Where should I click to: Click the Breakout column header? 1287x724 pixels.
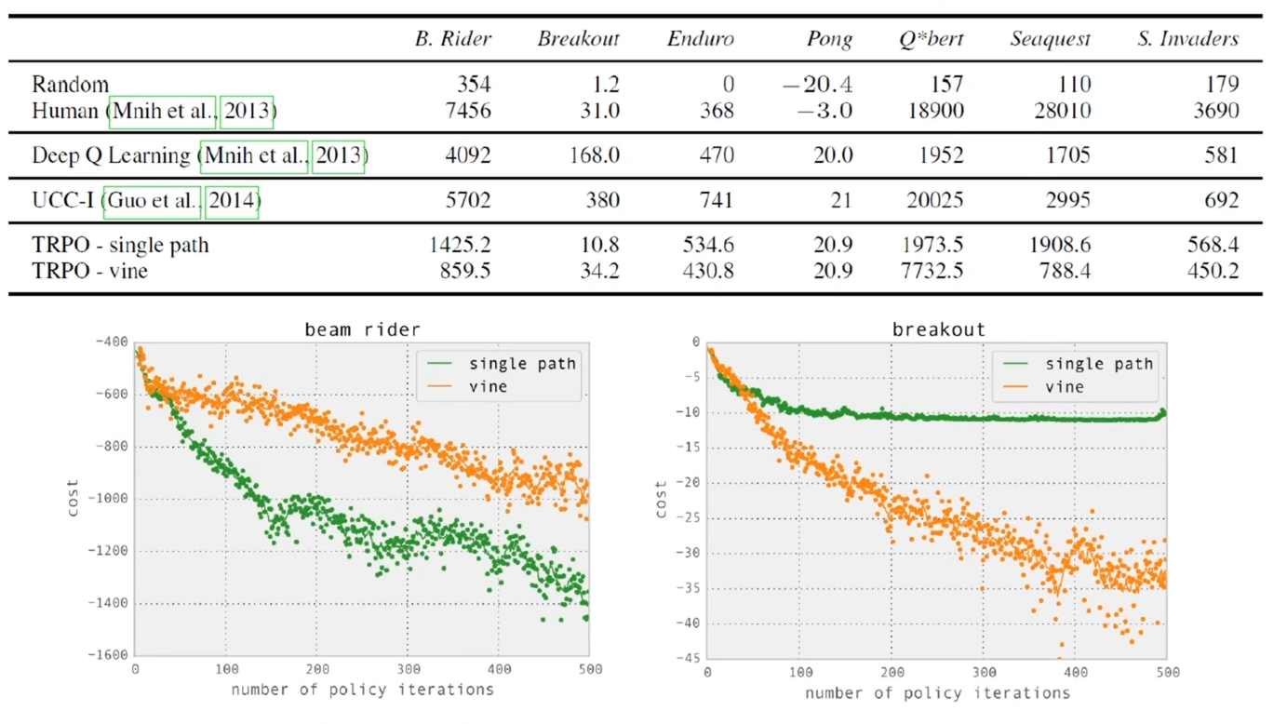pos(578,40)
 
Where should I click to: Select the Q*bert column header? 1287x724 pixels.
pos(931,40)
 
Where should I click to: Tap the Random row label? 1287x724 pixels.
pos(70,85)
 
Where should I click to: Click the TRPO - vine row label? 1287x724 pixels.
pos(89,271)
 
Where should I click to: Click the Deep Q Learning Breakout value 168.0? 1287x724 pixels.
pos(594,154)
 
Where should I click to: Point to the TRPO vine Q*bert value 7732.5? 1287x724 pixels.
pos(932,271)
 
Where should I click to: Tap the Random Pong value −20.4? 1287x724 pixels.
pos(817,85)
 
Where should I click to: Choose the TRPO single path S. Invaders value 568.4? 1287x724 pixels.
pos(1213,246)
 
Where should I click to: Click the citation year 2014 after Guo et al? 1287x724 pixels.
pos(232,200)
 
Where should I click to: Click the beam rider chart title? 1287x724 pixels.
pos(362,329)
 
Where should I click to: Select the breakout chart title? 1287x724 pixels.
pos(938,329)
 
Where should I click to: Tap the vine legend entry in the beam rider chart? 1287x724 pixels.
pos(488,385)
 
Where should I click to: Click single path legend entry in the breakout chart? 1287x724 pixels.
pos(1098,364)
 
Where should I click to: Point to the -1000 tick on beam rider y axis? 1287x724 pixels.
pos(110,499)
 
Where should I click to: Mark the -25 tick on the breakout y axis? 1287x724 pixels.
pos(689,517)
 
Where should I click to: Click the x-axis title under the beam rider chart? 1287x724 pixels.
pos(362,690)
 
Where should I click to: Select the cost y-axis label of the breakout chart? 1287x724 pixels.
pos(661,499)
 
